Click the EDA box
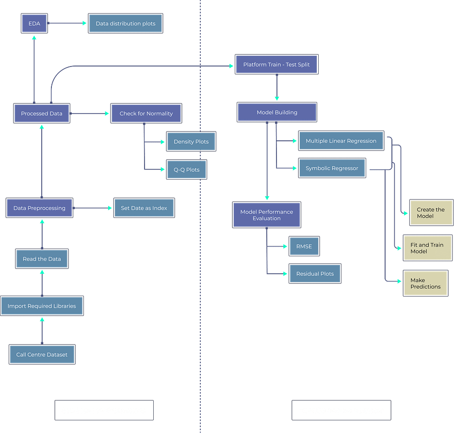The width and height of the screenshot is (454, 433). point(34,23)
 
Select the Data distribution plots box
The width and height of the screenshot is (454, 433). point(126,23)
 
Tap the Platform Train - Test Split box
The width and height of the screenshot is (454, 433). point(276,65)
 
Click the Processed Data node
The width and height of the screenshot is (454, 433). point(42,114)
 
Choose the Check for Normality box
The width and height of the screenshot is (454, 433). point(146,114)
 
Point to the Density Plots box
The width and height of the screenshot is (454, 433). point(191,142)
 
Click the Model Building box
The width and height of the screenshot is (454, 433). point(277,112)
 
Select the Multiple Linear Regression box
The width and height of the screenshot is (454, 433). point(341,141)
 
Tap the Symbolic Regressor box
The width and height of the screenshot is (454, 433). point(332,168)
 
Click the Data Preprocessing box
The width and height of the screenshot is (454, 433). point(39,208)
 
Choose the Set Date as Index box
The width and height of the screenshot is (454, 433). point(144,208)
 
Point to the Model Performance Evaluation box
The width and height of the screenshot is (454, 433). point(267,215)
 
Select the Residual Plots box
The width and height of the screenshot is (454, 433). point(315,274)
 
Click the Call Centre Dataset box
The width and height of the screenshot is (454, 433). point(42,354)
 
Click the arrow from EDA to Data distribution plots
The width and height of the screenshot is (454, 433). point(68,23)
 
